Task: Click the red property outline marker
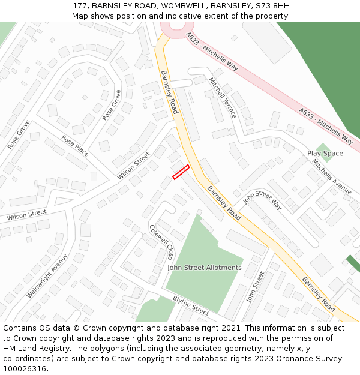[181, 172]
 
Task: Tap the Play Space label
[325, 154]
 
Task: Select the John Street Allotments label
[204, 268]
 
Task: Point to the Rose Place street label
[75, 146]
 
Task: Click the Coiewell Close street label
[161, 242]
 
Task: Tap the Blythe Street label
[191, 305]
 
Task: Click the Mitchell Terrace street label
[222, 97]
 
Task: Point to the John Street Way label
[262, 200]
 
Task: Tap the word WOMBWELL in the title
[187, 6]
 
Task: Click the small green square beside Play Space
[324, 151]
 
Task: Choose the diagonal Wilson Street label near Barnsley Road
[134, 166]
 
